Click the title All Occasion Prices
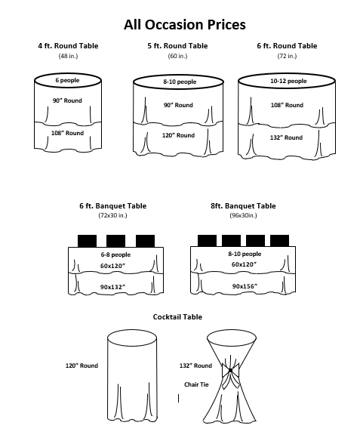(x=185, y=25)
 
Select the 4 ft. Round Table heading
(x=68, y=46)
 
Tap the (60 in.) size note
(x=177, y=56)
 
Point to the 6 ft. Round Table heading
(x=287, y=46)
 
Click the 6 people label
(x=67, y=80)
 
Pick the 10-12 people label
(x=288, y=81)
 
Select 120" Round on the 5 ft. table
(x=178, y=135)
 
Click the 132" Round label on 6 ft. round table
(x=286, y=137)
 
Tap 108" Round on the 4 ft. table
(x=67, y=133)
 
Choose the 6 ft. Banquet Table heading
(x=113, y=206)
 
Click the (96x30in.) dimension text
(x=243, y=215)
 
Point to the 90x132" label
(x=112, y=287)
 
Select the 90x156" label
(x=245, y=286)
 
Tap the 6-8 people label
(x=115, y=254)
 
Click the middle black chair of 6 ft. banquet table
(x=115, y=241)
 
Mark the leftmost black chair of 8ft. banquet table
(x=207, y=241)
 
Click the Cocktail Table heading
(x=177, y=317)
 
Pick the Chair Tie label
(x=196, y=384)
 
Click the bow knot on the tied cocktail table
(x=230, y=371)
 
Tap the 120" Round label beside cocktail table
(x=82, y=365)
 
